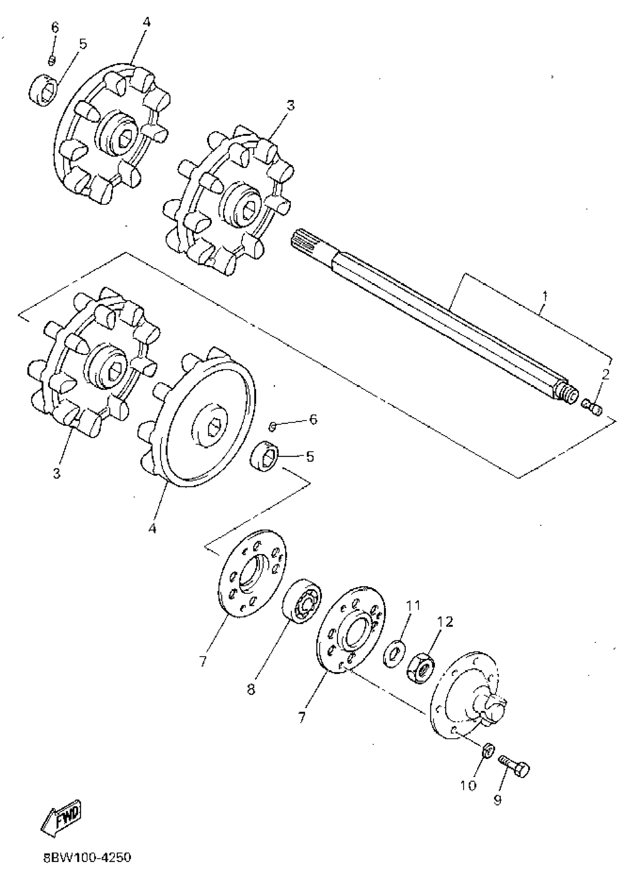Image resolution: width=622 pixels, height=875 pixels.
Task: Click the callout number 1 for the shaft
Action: coord(545,296)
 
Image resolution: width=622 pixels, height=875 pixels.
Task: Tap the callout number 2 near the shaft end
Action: coord(605,374)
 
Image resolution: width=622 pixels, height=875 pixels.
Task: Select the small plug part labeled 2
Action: coord(592,408)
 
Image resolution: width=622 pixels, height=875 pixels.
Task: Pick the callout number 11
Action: coord(413,605)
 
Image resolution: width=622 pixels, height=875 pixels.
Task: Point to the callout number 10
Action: coord(468,786)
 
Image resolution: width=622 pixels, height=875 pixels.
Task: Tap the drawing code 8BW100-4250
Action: coord(87,857)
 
